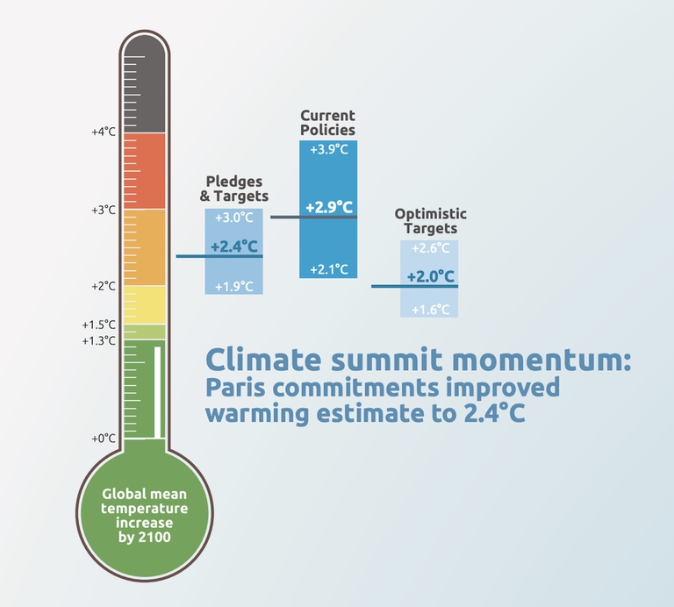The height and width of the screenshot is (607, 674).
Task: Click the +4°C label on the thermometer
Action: pyautogui.click(x=104, y=132)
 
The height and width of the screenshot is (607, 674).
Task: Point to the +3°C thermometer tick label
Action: pyautogui.click(x=104, y=210)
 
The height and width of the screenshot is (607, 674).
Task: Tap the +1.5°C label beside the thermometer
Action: pyautogui.click(x=99, y=324)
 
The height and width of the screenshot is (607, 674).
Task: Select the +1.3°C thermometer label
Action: pyautogui.click(x=99, y=340)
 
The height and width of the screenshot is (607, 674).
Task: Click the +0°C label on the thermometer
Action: pyautogui.click(x=104, y=438)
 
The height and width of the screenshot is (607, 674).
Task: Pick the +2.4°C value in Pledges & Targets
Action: pyautogui.click(x=234, y=246)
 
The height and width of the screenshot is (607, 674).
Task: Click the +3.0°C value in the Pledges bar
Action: pyautogui.click(x=234, y=218)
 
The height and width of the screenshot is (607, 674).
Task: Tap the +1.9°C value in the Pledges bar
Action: pyautogui.click(x=234, y=286)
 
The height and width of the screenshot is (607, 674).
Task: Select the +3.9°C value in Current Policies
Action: pyautogui.click(x=329, y=149)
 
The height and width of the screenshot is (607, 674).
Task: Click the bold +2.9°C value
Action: pyautogui.click(x=329, y=208)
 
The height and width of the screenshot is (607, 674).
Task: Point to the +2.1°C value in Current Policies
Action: pyautogui.click(x=329, y=268)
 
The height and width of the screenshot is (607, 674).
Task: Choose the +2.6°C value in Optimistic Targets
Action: pyautogui.click(x=430, y=248)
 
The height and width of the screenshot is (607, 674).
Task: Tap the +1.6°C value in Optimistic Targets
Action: pyautogui.click(x=430, y=309)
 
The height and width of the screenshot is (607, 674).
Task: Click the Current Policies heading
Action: pyautogui.click(x=328, y=123)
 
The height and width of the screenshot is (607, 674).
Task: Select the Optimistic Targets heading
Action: pyautogui.click(x=430, y=221)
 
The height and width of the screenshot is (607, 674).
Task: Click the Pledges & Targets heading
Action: pyautogui.click(x=237, y=189)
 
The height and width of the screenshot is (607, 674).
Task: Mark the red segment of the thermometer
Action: pyautogui.click(x=142, y=170)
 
